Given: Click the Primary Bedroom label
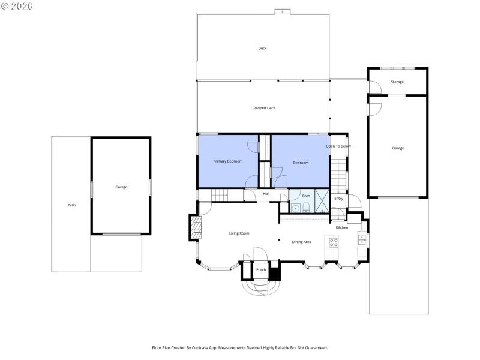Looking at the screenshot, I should tap(228, 161).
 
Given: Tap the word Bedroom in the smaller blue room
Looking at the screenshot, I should tap(301, 163).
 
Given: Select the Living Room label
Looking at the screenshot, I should tap(239, 233).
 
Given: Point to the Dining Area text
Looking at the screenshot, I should tap(301, 242).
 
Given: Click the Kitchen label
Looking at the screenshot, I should tap(341, 227).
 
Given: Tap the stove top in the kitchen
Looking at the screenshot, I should tap(333, 242).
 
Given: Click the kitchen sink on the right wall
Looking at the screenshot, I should tap(361, 239).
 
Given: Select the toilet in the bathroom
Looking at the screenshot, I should tap(306, 208).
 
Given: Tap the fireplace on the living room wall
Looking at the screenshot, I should tap(194, 227).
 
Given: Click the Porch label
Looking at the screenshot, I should tap(261, 270).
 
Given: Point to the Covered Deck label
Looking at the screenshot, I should tap(263, 108).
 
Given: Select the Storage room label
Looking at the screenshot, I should tap(397, 82).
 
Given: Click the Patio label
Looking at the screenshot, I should tap(71, 205).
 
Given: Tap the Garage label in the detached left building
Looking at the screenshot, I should tap(121, 187).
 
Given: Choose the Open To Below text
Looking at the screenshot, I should tap(338, 146).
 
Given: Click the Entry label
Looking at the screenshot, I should tap(338, 199).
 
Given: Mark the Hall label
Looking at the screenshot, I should tap(266, 194).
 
